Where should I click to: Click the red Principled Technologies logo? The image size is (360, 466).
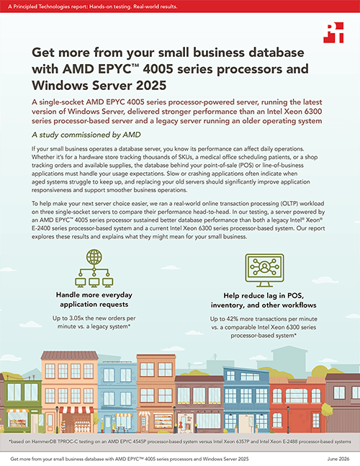point(333,32)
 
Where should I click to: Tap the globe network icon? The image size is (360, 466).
point(94,268)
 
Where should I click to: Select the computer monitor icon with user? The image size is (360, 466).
point(264,270)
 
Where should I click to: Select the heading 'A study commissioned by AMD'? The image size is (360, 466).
point(86,135)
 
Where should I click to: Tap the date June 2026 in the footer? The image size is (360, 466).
point(338,459)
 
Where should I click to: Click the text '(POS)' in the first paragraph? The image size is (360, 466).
point(246,165)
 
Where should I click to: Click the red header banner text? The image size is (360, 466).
point(93,6)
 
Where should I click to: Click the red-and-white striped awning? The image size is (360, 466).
point(76,411)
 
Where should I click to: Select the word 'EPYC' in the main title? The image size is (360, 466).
point(114,69)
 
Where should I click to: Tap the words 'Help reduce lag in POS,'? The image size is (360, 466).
point(264,296)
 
